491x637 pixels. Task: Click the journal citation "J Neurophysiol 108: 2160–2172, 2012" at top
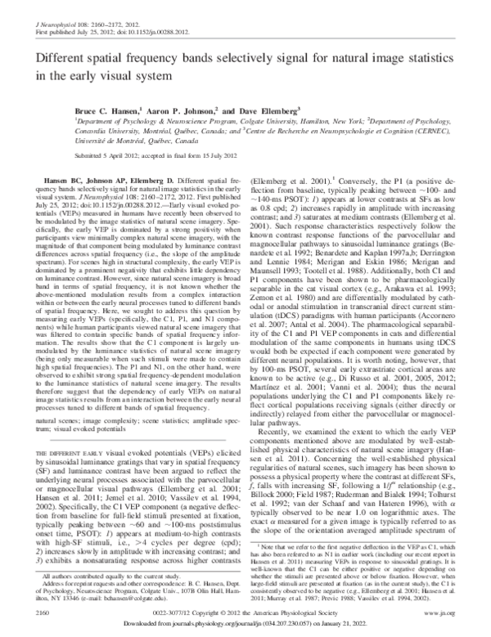coord(77,11)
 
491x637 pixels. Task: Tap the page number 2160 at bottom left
coord(36,610)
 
